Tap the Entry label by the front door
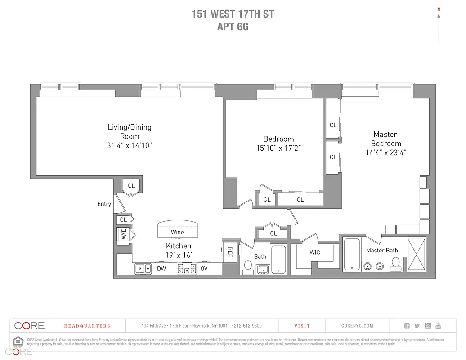104,204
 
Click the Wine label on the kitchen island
177,232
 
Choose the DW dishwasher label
161,269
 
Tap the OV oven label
204,269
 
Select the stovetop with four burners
187,269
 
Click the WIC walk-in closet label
315,252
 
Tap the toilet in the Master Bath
396,263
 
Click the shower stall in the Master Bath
416,254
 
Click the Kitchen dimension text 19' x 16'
179,255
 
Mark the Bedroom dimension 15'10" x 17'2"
278,148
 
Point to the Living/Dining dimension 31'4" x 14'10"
130,145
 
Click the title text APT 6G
233,27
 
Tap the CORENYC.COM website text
357,326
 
